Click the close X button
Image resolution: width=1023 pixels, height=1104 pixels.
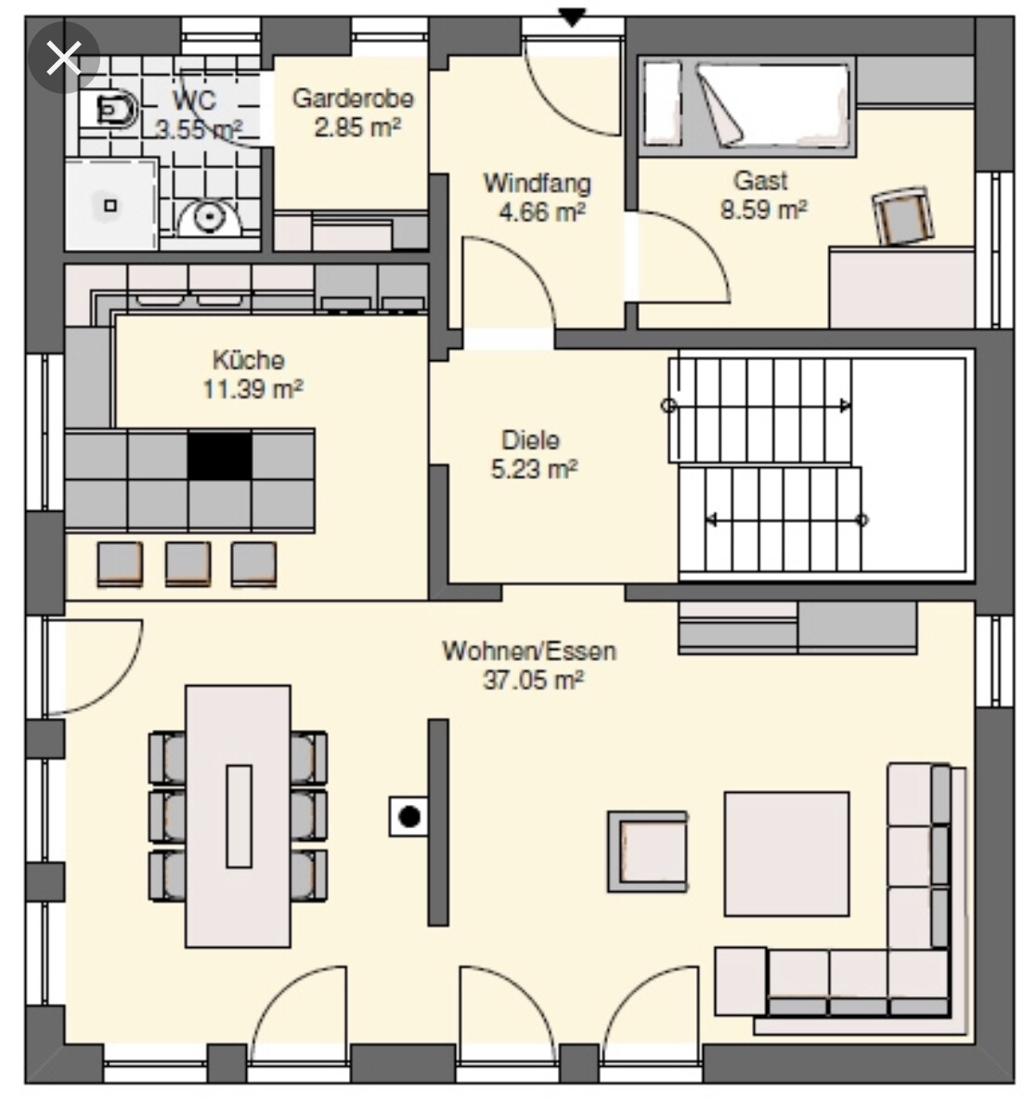pos(63,57)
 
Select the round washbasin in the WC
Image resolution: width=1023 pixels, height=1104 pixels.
pos(208,216)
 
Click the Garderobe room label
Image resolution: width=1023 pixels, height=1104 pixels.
pos(353,97)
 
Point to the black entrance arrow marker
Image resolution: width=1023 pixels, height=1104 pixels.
pos(573,17)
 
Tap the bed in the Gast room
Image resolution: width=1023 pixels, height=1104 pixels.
pos(747,107)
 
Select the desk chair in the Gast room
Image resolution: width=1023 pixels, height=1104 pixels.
pos(903,215)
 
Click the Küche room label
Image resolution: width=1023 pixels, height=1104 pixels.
pos(249,359)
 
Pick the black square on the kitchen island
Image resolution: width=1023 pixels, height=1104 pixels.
pos(220,456)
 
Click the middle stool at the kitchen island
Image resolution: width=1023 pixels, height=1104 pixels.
pos(188,564)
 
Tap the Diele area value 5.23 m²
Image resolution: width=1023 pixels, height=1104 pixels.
pos(535,469)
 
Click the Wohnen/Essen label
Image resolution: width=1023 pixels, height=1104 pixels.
pos(529,651)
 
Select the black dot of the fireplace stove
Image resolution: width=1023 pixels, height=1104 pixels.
pos(409,817)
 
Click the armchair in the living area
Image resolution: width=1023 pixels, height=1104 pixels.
pos(648,851)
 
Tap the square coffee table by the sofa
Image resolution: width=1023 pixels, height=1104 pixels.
pos(786,854)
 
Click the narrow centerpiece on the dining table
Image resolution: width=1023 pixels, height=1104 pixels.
pos(239,816)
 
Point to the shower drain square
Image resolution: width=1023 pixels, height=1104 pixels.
pos(110,205)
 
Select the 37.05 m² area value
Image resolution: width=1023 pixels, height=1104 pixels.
pos(534,681)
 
